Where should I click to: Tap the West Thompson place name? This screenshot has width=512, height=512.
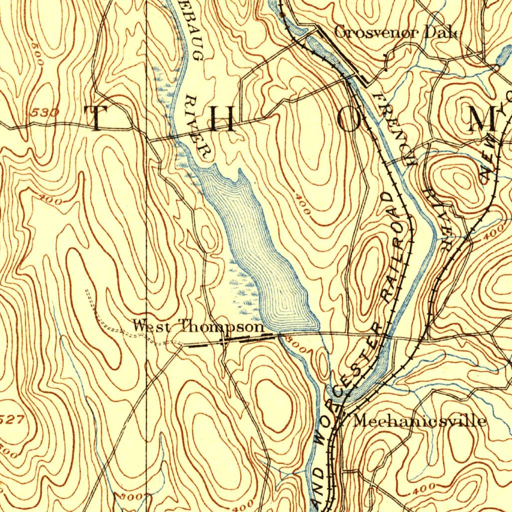point(198,327)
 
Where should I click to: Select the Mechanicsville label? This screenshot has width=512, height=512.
point(419,420)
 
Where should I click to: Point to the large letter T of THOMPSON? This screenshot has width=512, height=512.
point(96,118)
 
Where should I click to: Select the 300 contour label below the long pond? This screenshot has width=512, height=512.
point(291,345)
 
